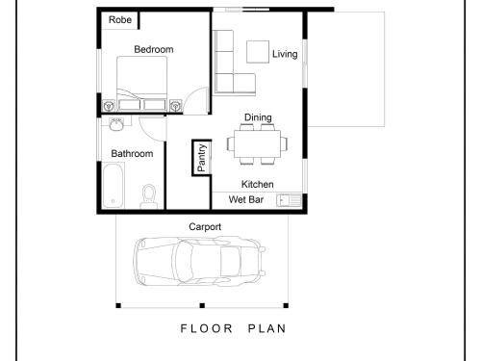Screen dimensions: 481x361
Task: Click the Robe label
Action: point(120,20)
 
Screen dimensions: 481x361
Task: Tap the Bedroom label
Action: point(154,49)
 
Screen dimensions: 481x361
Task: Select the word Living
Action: point(285,54)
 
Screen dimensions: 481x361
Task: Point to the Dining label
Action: point(258,117)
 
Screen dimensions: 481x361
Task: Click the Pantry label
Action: point(202,158)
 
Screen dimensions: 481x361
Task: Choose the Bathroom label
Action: point(132,154)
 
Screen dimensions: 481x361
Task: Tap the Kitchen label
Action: point(258,184)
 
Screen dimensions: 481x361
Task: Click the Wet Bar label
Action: point(246,199)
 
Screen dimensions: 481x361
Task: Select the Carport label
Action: point(205,227)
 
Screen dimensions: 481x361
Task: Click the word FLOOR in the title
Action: point(206,328)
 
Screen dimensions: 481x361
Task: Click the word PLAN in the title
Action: point(266,328)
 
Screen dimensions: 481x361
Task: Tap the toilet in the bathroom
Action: point(148,196)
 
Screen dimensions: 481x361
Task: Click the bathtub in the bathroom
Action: point(114,186)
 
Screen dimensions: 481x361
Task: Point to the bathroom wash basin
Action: point(116,124)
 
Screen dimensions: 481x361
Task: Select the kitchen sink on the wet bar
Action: point(289,200)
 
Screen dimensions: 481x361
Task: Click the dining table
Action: point(257,143)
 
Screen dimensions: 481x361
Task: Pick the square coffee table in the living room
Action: point(258,52)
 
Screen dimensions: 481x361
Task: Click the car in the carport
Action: point(199,261)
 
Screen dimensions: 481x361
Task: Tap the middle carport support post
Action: point(202,305)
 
